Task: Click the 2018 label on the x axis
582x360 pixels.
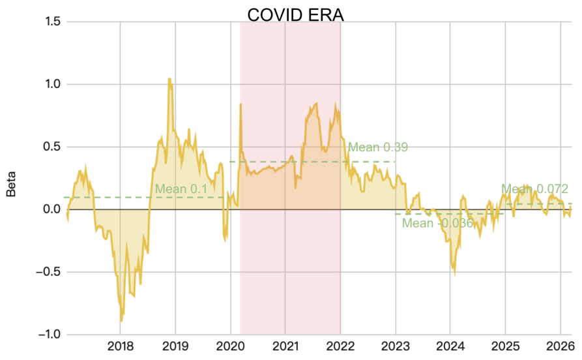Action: (120, 346)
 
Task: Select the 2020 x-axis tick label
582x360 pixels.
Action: (230, 346)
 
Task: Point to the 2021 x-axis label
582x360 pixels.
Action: (285, 346)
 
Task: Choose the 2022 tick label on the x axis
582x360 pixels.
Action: (340, 346)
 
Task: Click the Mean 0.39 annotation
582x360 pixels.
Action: (378, 147)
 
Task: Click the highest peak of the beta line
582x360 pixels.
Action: (169, 80)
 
